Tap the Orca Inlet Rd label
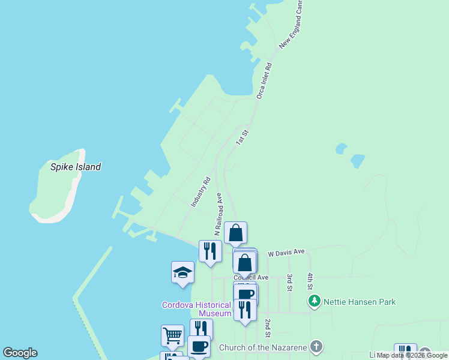click(x=264, y=80)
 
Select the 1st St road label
click(x=241, y=137)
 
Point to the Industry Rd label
click(x=201, y=192)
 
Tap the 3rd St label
click(x=289, y=283)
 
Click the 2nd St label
click(x=268, y=328)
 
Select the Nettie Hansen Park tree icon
click(x=314, y=301)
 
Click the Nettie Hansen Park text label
click(x=359, y=301)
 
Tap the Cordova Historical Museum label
click(x=196, y=309)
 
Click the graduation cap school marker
click(x=182, y=273)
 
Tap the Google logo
click(x=20, y=353)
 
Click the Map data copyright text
click(x=412, y=355)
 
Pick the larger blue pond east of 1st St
click(x=357, y=161)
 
